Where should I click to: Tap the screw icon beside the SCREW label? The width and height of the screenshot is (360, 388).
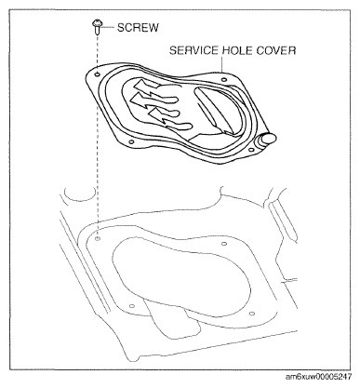point(97,29)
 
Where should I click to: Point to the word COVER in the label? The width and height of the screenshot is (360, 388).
point(278,51)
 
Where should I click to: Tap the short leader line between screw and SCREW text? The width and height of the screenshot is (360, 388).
point(107,28)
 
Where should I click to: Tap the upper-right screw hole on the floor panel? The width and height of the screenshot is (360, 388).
point(226,245)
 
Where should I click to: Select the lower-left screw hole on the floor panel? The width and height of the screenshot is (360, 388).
point(132,305)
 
